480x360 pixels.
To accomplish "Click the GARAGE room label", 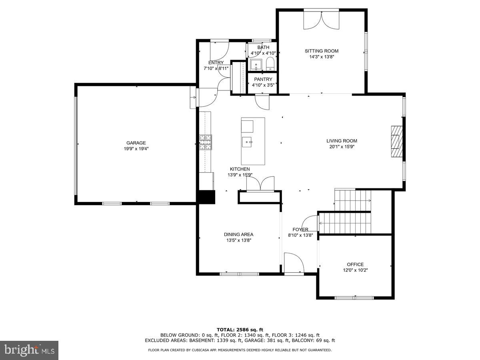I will [x=136, y=143].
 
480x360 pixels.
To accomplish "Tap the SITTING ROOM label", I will [x=322, y=51].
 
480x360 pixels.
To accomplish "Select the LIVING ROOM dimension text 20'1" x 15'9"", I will [x=341, y=146].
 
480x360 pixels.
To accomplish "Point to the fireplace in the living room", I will [x=397, y=142].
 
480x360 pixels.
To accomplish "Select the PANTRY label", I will [x=262, y=79].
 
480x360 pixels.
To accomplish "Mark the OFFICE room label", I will [x=355, y=264].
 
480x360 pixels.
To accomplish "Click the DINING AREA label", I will [x=238, y=234].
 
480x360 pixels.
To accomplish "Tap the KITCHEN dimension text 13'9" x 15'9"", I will [x=240, y=174].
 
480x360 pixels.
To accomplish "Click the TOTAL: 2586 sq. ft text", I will [x=240, y=330].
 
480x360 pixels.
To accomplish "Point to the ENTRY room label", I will [x=216, y=63].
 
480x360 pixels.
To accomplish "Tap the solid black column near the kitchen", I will [x=206, y=198].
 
